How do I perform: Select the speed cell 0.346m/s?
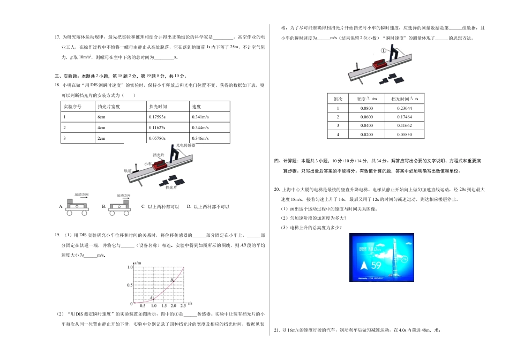[x=200, y=139]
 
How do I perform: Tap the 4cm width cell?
[x=101, y=128]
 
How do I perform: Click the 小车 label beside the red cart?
[x=148, y=163]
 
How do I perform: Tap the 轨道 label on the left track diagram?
[x=128, y=170]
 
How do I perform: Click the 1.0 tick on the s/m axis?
[x=130, y=266]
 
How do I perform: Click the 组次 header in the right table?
[x=338, y=99]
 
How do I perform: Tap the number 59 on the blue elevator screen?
[x=377, y=265]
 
